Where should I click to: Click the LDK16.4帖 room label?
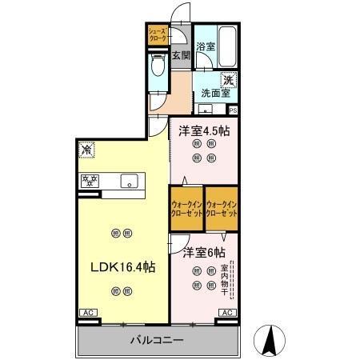[x=121, y=266]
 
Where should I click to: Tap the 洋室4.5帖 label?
[x=204, y=130]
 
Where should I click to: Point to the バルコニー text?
[x=157, y=340]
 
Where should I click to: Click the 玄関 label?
[x=180, y=56]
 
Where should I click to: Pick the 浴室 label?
[x=206, y=46]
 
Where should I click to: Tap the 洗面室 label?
[x=215, y=93]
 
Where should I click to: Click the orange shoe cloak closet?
[x=156, y=36]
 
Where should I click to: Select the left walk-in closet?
[x=186, y=209]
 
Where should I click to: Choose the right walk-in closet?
[x=222, y=209]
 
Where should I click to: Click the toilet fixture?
[x=157, y=72]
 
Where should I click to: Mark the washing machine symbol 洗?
[x=228, y=79]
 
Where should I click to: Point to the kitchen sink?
[x=129, y=181]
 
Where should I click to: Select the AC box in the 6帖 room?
[x=226, y=313]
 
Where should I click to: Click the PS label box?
[x=233, y=110]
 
